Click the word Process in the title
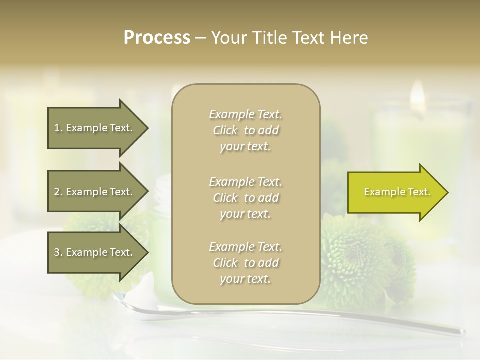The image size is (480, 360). (157, 38)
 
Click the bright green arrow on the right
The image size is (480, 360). (395, 192)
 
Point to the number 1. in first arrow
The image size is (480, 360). (58, 128)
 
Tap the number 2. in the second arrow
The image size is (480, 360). (58, 192)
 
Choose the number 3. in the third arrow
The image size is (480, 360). (58, 252)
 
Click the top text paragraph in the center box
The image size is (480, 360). (245, 130)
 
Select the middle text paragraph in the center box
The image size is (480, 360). (245, 197)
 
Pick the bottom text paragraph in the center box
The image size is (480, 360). (245, 263)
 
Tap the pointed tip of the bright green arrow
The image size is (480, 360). (447, 192)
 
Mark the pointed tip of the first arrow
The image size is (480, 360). (147, 128)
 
